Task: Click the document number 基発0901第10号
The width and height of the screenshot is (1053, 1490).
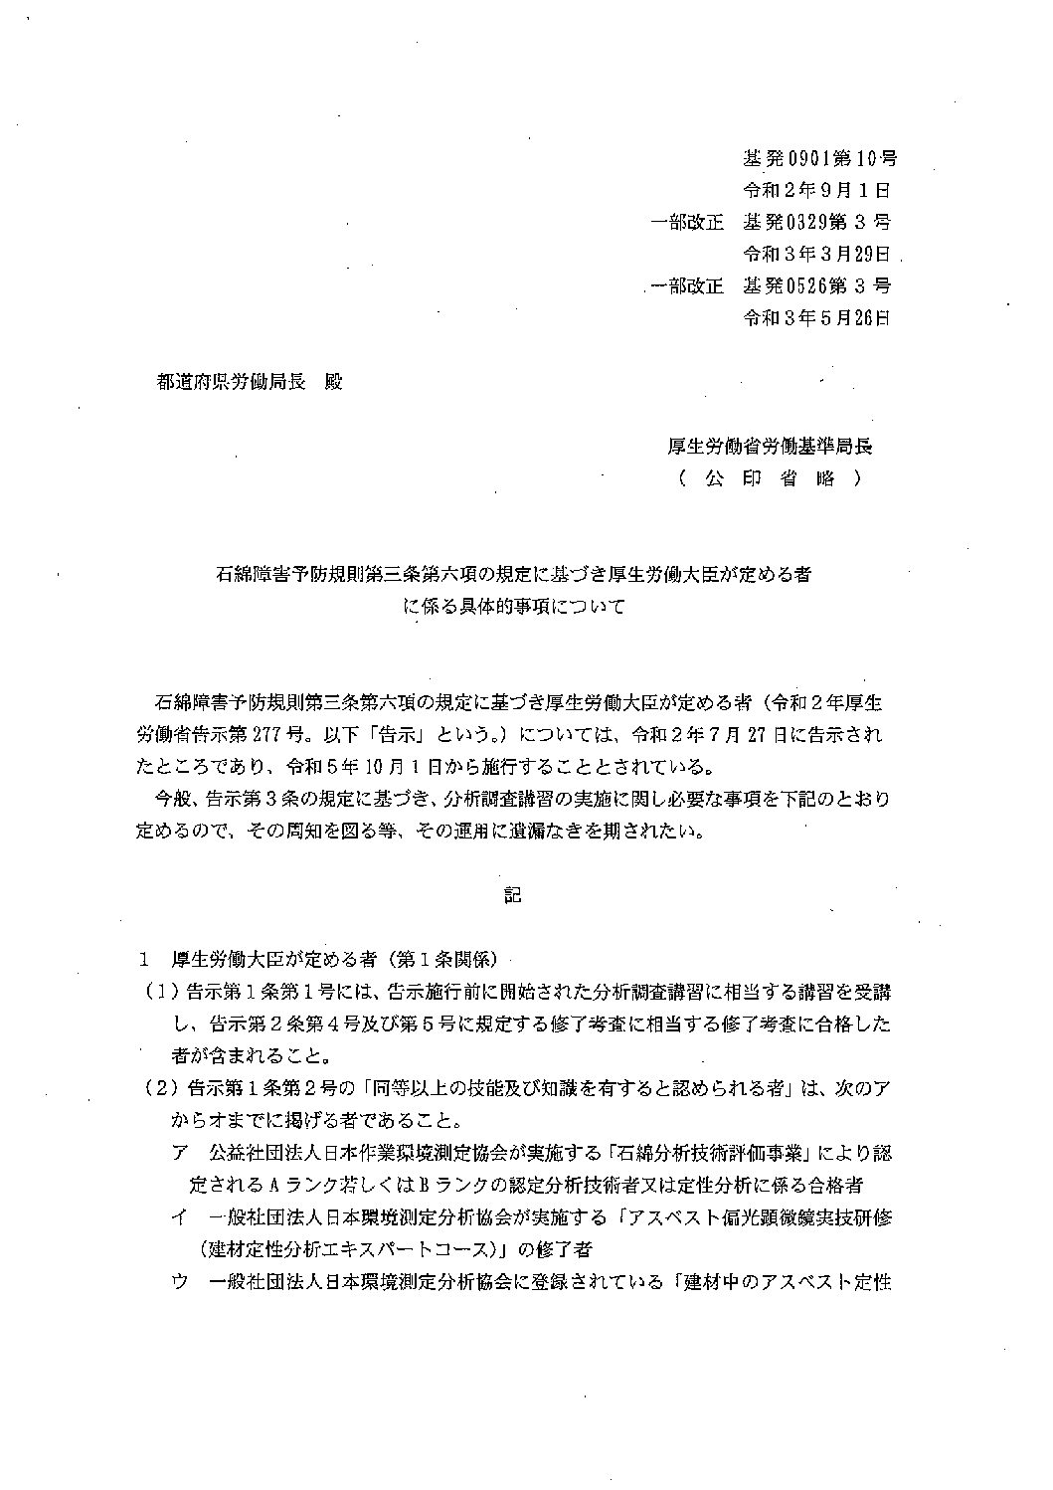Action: pos(819,158)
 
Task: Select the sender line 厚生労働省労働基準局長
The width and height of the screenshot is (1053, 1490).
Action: pos(770,447)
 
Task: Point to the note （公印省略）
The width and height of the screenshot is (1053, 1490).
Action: pos(771,478)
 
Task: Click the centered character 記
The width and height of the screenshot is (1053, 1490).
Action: pos(512,895)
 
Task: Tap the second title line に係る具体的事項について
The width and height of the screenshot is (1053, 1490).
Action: pos(513,605)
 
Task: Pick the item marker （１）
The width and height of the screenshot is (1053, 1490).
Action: pos(159,992)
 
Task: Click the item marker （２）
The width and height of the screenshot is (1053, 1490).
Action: pos(159,1088)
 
